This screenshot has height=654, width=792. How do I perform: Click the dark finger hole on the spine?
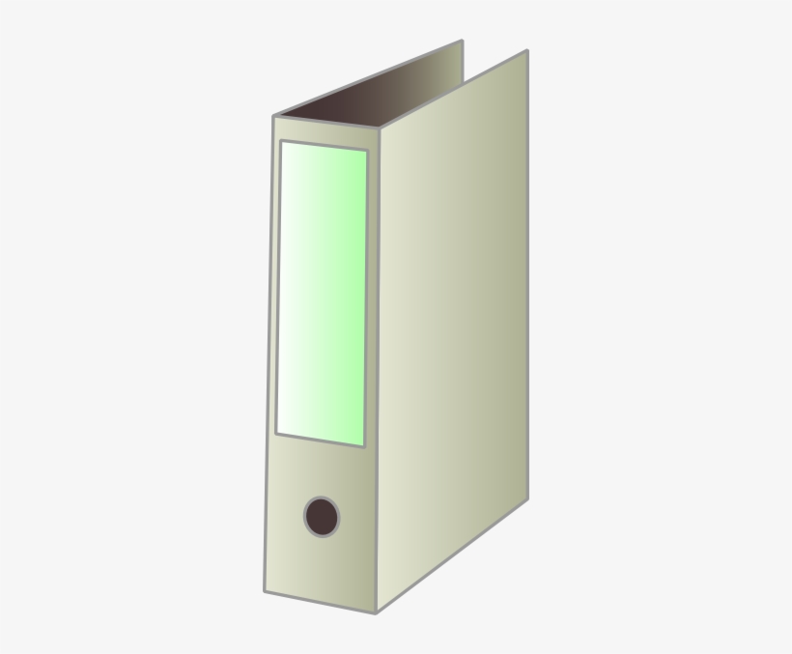(x=322, y=517)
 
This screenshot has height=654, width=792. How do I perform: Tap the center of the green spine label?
(x=322, y=294)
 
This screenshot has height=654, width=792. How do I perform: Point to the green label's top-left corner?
(x=280, y=141)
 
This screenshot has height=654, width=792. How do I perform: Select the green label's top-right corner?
(x=368, y=151)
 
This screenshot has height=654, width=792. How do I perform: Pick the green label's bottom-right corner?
(x=364, y=446)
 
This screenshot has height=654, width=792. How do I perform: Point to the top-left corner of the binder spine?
(x=273, y=116)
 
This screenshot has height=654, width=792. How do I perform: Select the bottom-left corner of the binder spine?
(x=264, y=591)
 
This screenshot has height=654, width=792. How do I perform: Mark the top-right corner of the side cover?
(x=527, y=51)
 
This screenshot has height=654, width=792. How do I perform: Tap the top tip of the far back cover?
(x=462, y=41)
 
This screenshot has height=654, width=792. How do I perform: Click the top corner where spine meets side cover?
(x=381, y=129)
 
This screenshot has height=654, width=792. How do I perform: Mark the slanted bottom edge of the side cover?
(x=453, y=554)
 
